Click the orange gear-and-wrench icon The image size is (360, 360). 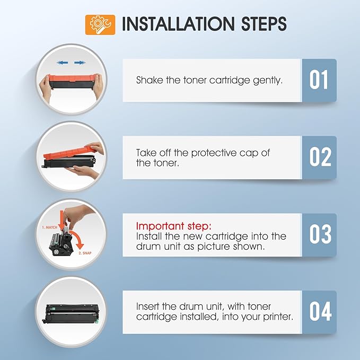[x=100, y=25]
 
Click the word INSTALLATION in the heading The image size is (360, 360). [x=178, y=24]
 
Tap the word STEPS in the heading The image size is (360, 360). [x=264, y=24]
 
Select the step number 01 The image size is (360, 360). [x=319, y=80]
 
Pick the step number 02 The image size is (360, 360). [x=320, y=157]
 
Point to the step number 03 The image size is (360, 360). [x=320, y=234]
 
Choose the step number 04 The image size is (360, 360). [x=320, y=311]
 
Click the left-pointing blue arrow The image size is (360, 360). [x=62, y=63]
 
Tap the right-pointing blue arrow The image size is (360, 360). [x=80, y=63]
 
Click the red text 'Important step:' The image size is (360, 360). [x=173, y=226]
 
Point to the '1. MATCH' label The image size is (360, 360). [x=50, y=227]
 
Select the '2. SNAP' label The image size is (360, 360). [x=85, y=253]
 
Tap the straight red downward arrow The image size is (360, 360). [x=62, y=220]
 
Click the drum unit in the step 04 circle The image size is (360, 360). [x=71, y=313]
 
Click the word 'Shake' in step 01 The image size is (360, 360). [x=150, y=80]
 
